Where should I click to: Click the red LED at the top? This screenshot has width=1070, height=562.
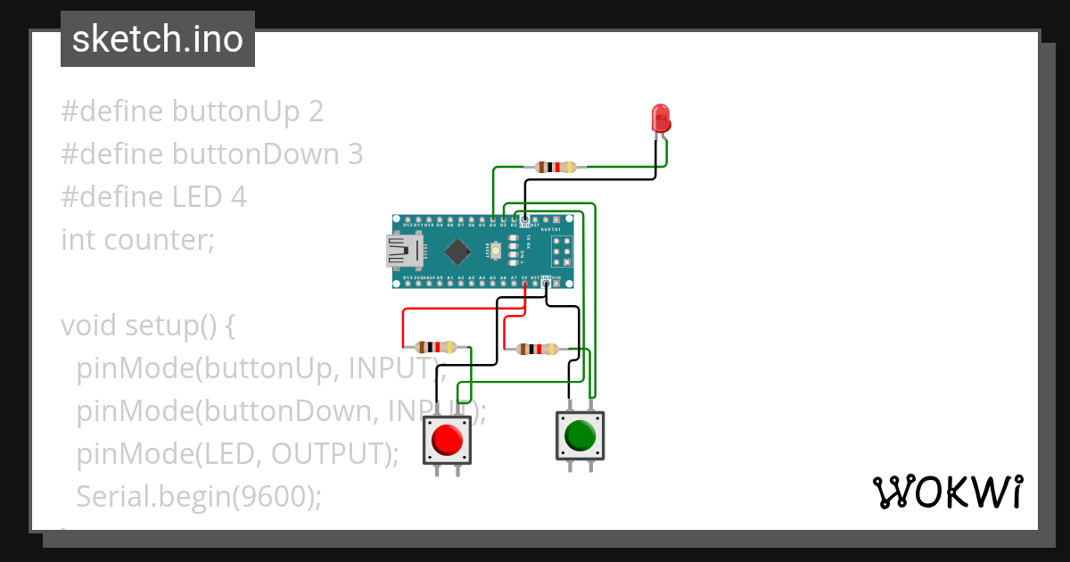tap(661, 119)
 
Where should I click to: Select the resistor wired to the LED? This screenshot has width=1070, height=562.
tap(556, 167)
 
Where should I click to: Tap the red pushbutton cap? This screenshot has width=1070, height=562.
tap(447, 440)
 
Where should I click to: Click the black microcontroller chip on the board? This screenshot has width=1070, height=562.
tap(457, 252)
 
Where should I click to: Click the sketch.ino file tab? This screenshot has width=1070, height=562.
tap(158, 39)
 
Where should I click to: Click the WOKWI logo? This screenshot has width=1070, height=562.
tap(946, 492)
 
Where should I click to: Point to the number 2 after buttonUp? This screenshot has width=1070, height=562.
tap(316, 112)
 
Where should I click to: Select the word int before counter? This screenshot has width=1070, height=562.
tap(78, 240)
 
